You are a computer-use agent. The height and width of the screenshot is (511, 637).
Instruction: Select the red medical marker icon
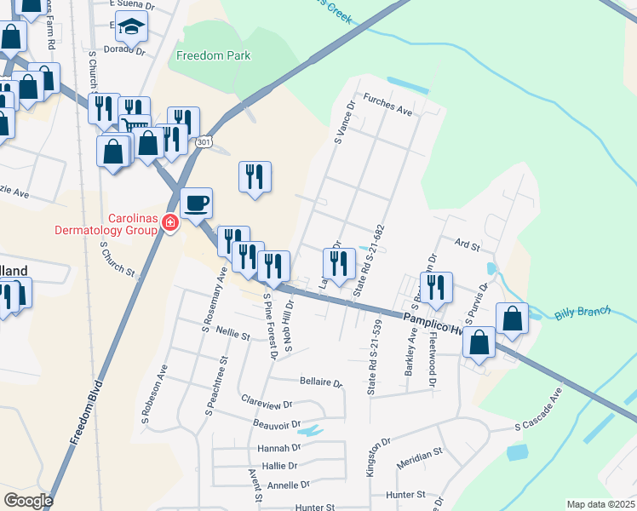click(x=170, y=222)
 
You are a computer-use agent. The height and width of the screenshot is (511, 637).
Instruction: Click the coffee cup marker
click(x=197, y=203)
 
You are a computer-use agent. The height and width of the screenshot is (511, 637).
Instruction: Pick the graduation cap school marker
click(x=132, y=29)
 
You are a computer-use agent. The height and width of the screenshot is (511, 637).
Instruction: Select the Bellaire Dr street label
click(x=321, y=383)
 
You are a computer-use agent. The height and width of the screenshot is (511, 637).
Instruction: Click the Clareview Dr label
click(x=267, y=404)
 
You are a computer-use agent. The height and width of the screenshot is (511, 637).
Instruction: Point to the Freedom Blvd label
click(x=85, y=413)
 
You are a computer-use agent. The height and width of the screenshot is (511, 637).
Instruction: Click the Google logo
click(x=28, y=500)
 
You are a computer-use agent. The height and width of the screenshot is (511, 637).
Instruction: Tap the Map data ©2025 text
click(x=600, y=504)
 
